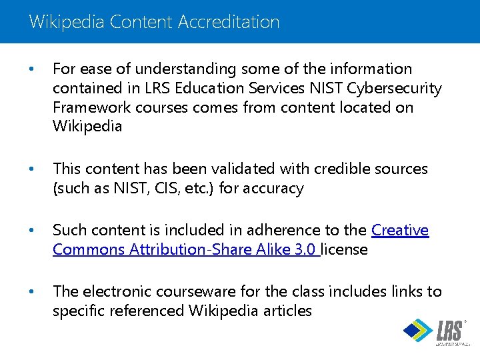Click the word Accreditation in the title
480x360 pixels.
229,21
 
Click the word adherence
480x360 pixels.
279,230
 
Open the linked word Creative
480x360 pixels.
400,230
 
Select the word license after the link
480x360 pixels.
344,249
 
